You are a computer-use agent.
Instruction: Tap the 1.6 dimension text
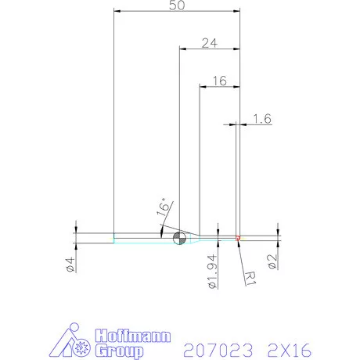tap(262, 119)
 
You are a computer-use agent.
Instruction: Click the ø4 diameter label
tap(70, 264)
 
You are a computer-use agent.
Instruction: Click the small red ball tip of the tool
tap(238, 237)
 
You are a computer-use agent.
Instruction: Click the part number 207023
tap(214, 345)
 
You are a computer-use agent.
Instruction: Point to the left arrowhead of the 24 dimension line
tap(182, 49)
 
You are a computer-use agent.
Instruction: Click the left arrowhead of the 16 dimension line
tap(203, 86)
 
